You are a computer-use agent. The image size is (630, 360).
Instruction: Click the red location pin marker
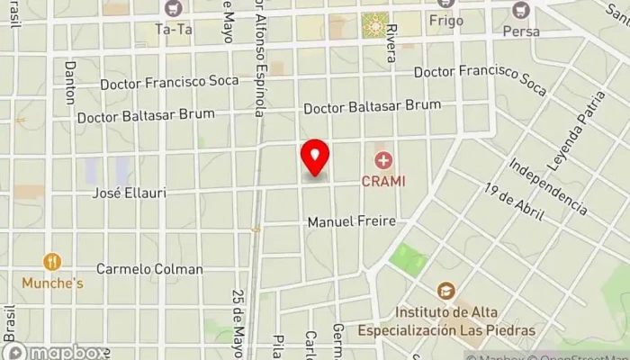[x=314, y=157]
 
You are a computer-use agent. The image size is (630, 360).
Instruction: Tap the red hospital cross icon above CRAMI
[x=384, y=161]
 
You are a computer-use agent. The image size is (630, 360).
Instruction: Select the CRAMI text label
[x=384, y=180]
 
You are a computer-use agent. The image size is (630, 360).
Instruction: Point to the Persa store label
[x=522, y=31]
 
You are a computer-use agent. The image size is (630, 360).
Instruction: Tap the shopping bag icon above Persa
[x=520, y=11]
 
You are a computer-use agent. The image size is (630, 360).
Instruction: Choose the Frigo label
[x=445, y=20]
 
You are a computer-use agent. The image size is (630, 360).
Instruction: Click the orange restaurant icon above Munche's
[x=51, y=262]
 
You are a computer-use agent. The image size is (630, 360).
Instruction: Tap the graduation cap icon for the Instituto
[x=445, y=291]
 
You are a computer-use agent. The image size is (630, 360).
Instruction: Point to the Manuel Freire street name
[x=352, y=221]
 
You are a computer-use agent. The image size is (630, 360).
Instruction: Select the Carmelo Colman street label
[x=150, y=268]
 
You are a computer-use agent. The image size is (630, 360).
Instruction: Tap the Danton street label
[x=71, y=83]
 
